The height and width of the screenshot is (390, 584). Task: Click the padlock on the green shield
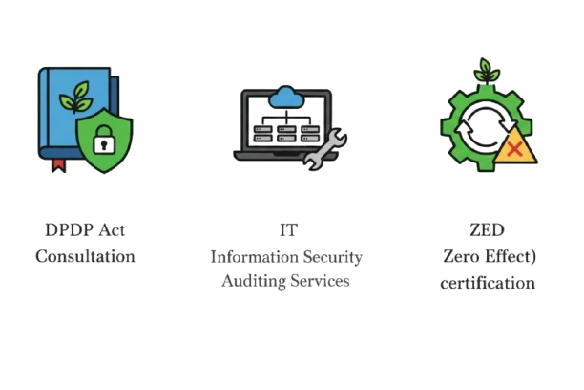tap(105, 143)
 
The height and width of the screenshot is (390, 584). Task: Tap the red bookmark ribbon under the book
tap(59, 168)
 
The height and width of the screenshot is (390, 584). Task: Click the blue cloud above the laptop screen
tap(284, 96)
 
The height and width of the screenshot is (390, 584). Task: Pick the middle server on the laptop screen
tap(284, 131)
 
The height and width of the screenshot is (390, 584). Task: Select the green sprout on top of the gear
tap(489, 73)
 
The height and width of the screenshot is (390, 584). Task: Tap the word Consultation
tap(86, 256)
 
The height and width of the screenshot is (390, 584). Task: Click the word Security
tap(334, 256)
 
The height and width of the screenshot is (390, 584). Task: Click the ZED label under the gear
tap(488, 230)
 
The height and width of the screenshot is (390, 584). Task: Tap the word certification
tap(488, 283)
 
